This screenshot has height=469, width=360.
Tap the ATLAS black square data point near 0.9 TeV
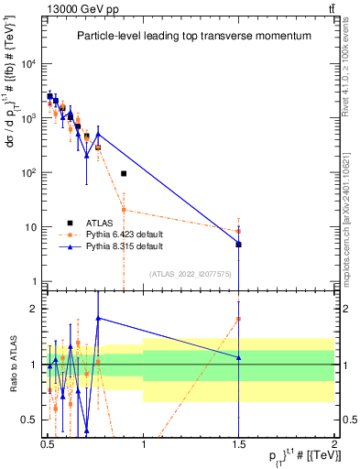[x=124, y=173]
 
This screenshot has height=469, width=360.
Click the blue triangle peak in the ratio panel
[x=98, y=318]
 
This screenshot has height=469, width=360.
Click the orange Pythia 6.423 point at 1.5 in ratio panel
[x=238, y=319]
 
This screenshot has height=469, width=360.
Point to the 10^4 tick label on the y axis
[x=28, y=63]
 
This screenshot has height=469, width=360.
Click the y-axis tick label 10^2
[x=28, y=172]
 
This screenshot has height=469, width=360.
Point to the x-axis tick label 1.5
[x=239, y=442]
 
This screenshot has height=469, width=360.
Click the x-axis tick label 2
[x=334, y=442]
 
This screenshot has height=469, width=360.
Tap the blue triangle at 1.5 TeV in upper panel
[x=238, y=244]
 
